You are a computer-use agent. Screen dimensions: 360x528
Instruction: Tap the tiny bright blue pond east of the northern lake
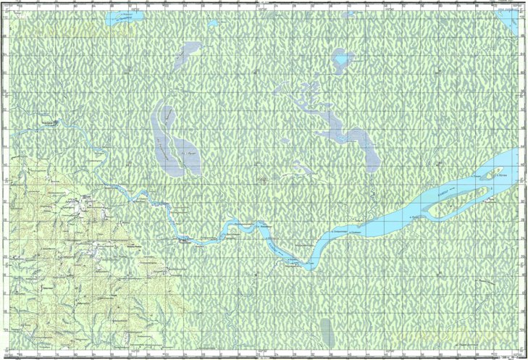(213, 23)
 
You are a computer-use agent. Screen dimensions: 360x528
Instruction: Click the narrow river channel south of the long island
(464, 210)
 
